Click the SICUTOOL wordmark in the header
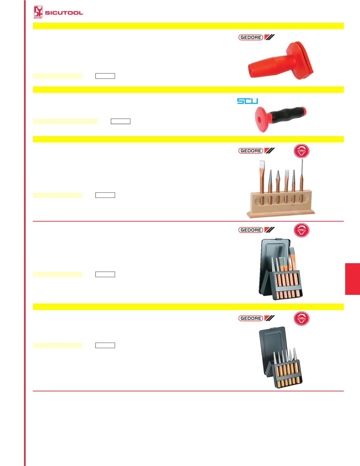pos(64,13)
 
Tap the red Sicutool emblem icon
pos(38,13)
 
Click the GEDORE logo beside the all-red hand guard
pos(257,37)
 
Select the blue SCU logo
pos(248,101)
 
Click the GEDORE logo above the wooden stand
pos(257,151)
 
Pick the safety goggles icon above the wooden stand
pos(302,151)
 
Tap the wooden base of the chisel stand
pos(281,213)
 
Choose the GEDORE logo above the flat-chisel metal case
pos(257,230)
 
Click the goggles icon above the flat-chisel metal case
pos(302,230)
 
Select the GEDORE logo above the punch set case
pos(257,318)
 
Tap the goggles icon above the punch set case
pos(302,319)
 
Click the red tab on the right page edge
pos(352,278)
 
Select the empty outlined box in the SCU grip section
pos(121,121)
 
